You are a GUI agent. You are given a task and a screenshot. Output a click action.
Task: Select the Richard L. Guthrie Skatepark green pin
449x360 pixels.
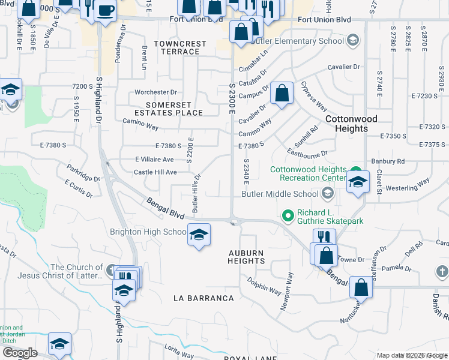point(288,214)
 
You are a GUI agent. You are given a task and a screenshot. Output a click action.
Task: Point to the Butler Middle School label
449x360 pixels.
point(280,194)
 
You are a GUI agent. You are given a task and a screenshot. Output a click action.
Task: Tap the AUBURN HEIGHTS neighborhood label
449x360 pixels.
point(246,257)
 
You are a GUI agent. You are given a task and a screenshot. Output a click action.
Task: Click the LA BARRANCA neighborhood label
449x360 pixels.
point(203,298)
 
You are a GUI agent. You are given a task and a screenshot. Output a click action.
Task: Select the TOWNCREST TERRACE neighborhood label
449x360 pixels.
point(180,47)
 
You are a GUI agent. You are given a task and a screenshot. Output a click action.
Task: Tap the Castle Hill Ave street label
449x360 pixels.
point(155,172)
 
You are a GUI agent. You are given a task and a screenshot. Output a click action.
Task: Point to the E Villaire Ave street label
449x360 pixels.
point(154,159)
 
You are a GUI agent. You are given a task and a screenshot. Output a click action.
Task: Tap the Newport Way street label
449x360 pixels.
point(286,291)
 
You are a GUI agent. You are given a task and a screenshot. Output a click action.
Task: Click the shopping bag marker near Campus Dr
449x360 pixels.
point(282,93)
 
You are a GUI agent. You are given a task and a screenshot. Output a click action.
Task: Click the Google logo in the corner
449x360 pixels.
point(20,353)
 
